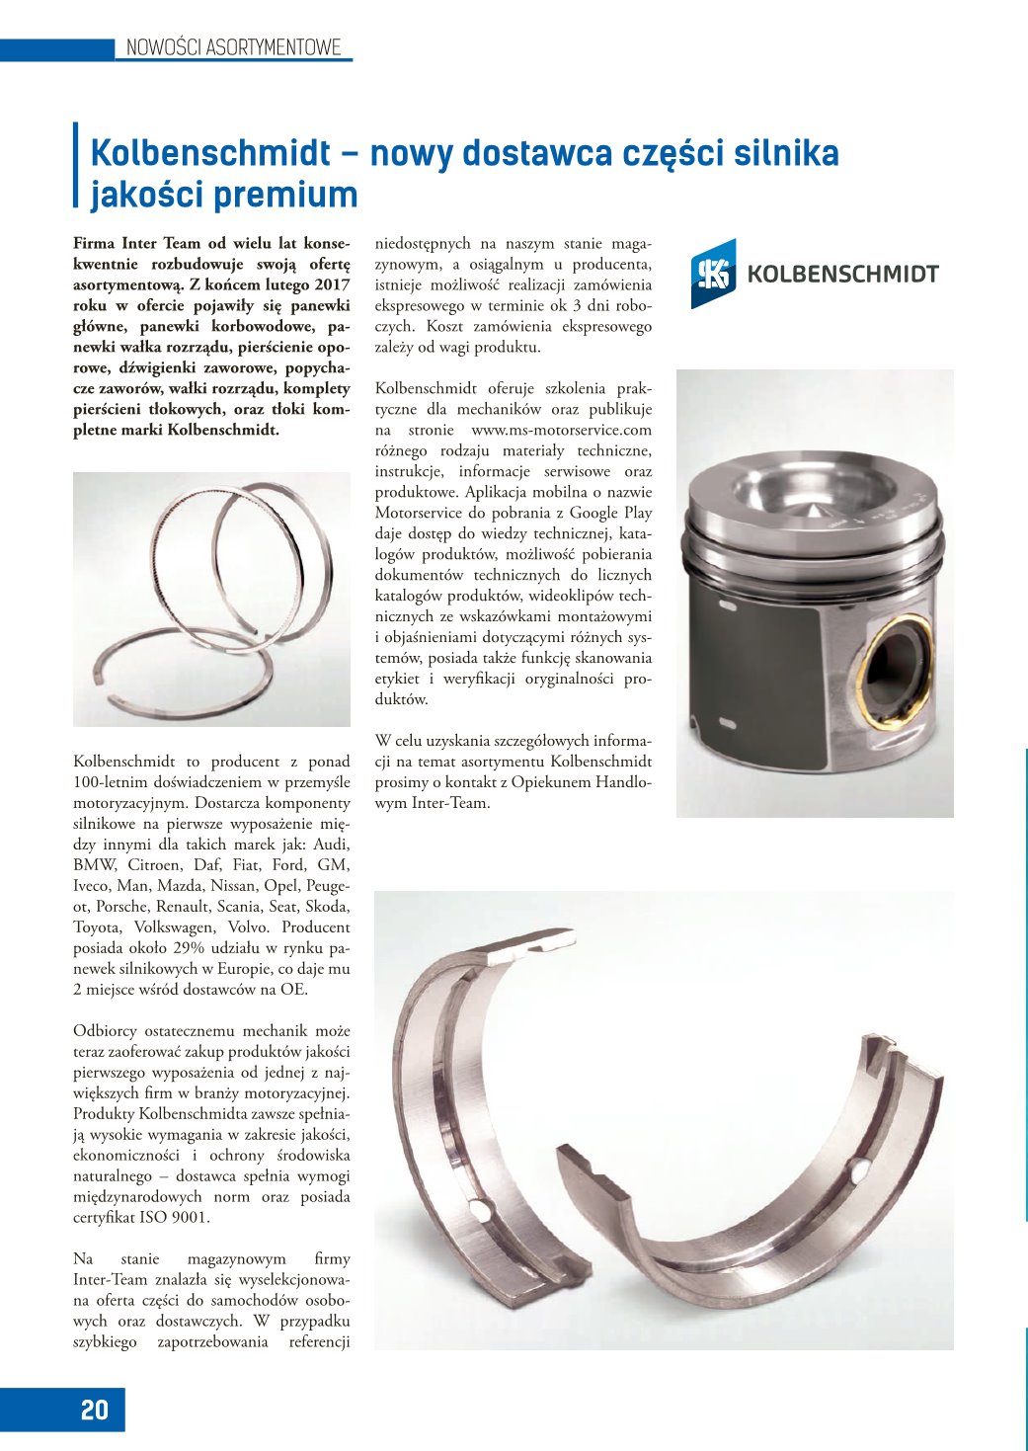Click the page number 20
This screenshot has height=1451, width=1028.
click(x=95, y=1410)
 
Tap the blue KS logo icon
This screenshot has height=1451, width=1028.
click(x=712, y=274)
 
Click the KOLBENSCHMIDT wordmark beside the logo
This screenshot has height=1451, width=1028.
click(x=842, y=275)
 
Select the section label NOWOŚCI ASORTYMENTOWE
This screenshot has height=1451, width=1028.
click(x=233, y=47)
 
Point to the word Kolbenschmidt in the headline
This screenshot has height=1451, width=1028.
click(x=210, y=153)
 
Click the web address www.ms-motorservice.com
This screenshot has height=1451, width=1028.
click(x=561, y=430)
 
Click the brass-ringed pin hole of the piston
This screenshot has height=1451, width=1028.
click(x=896, y=669)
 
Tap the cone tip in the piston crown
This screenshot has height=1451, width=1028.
click(x=813, y=513)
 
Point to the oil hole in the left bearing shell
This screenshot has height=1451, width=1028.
click(x=477, y=1209)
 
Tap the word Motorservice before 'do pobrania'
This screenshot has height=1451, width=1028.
click(x=418, y=513)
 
